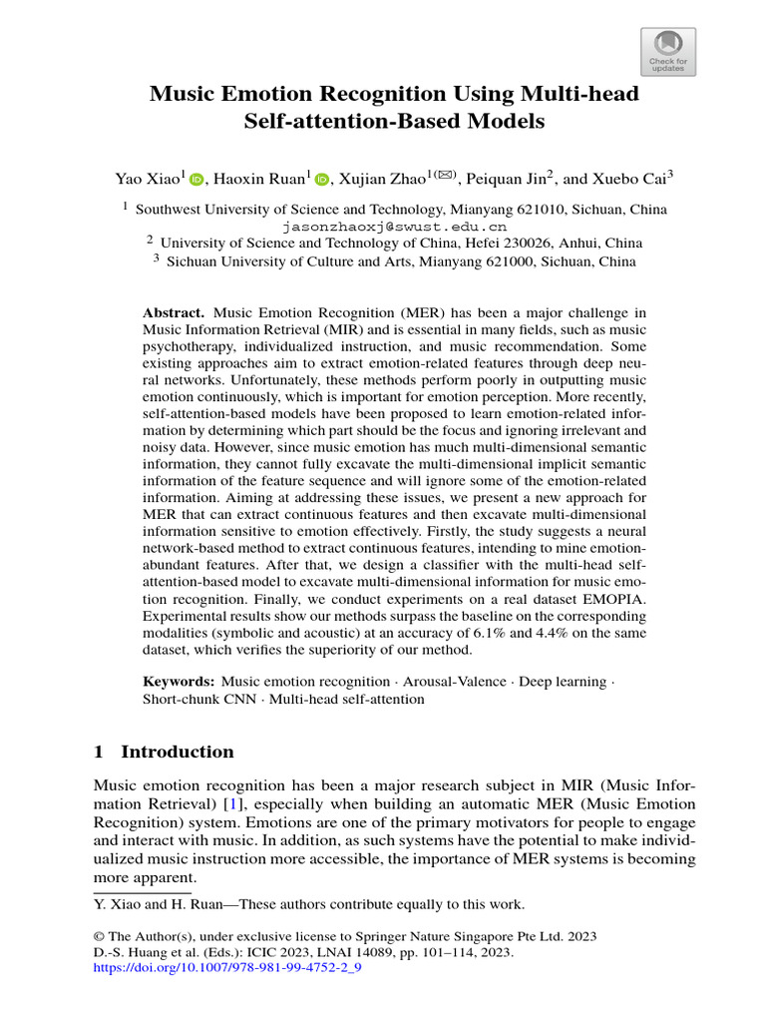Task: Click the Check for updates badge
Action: pos(667,52)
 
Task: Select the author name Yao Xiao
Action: pos(146,180)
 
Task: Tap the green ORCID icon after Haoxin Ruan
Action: pos(321,180)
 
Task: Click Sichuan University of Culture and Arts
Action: pos(298,262)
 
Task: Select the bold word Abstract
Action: pos(174,313)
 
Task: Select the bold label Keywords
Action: pos(178,682)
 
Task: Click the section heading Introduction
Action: pos(178,752)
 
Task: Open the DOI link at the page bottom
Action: pos(226,968)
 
